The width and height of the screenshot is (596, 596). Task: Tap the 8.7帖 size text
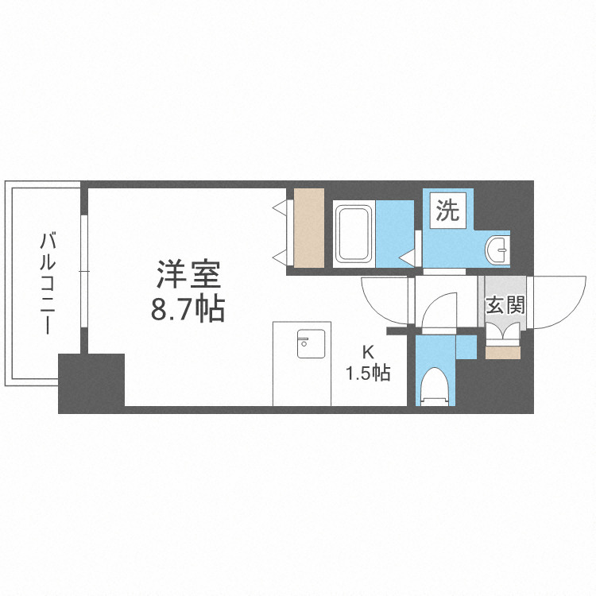pos(188,308)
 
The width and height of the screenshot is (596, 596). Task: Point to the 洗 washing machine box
pos(447,212)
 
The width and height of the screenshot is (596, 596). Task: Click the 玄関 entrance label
pos(502,304)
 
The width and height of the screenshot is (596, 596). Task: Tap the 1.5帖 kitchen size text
pos(367,373)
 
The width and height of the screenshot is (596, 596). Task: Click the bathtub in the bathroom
pos(354,234)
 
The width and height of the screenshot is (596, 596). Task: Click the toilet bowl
pos(434,388)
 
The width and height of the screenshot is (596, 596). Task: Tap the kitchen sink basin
pos(302,343)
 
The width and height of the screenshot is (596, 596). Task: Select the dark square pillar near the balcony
pos(92,382)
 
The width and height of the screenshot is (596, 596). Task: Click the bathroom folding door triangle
pos(408,257)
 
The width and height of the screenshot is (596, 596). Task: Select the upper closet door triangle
pos(280,207)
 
